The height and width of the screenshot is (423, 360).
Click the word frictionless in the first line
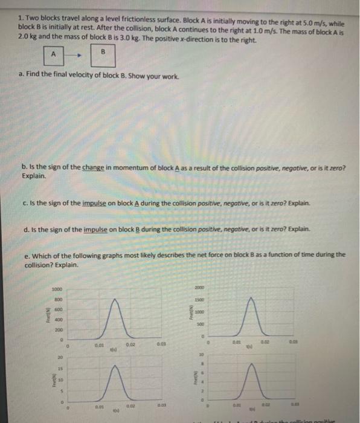(x=124, y=18)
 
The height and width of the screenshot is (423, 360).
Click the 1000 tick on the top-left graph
(x=56, y=288)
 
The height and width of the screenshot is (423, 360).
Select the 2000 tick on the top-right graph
(x=199, y=288)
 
